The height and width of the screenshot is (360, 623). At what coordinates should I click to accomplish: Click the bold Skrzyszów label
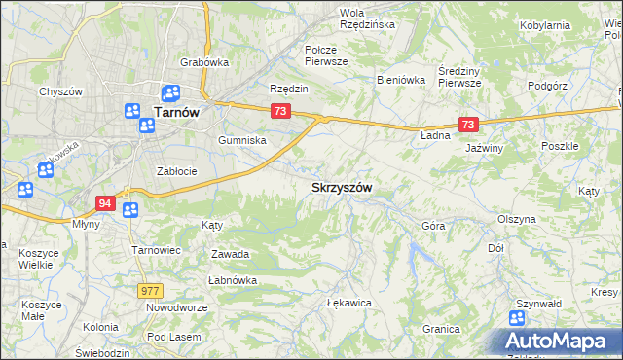pyautogui.click(x=342, y=187)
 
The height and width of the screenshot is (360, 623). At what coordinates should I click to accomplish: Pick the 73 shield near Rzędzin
pyautogui.click(x=280, y=112)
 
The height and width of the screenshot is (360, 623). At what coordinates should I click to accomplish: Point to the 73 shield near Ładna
pyautogui.click(x=468, y=125)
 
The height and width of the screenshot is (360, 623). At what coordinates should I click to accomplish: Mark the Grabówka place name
pyautogui.click(x=203, y=63)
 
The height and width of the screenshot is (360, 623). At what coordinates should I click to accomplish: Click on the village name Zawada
pyautogui.click(x=231, y=254)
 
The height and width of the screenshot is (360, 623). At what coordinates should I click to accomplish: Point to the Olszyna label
pyautogui.click(x=516, y=219)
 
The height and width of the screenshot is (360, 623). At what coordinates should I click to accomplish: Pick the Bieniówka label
pyautogui.click(x=402, y=80)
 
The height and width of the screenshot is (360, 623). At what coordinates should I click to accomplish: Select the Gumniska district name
pyautogui.click(x=242, y=140)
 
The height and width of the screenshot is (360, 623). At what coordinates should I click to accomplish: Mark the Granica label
pyautogui.click(x=441, y=329)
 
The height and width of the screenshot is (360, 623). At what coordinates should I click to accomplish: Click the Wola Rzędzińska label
pyautogui.click(x=366, y=18)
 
